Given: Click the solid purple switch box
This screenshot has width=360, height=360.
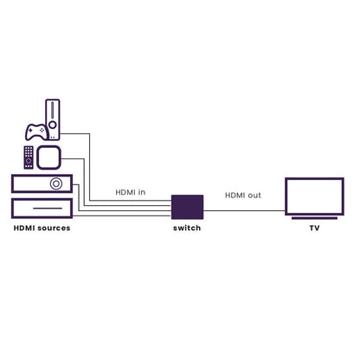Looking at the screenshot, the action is (x=187, y=207).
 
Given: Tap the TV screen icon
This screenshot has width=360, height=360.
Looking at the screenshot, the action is (x=314, y=196).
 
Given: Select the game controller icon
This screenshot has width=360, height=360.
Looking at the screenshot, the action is (x=36, y=132).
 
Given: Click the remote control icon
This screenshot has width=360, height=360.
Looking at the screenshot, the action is (x=29, y=157).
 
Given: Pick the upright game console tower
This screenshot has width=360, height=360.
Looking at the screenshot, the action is (x=53, y=119).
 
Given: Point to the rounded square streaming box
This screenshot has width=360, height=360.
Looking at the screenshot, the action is (x=48, y=157).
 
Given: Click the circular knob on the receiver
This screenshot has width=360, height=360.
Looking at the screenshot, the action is (x=56, y=183).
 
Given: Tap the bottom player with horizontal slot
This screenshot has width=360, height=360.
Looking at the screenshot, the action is (x=42, y=208).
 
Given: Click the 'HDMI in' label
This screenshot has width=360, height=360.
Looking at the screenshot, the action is (x=131, y=192).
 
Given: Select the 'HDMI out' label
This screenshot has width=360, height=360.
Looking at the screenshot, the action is (x=243, y=196).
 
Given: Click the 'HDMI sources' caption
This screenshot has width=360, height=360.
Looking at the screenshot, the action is (x=42, y=228).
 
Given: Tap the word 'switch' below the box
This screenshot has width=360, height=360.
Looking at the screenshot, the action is (x=187, y=228).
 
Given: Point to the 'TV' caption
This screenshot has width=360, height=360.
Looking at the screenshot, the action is (x=314, y=228).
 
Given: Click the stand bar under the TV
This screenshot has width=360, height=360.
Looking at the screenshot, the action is (x=314, y=218).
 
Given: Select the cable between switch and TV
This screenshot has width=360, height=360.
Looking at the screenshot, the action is (x=244, y=210).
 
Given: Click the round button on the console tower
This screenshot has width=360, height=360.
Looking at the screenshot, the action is (x=53, y=125).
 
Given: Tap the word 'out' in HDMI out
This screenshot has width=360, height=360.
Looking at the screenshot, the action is (x=254, y=196).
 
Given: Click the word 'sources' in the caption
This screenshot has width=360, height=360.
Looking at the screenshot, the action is (x=54, y=228).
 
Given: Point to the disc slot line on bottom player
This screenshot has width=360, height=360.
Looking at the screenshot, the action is (x=48, y=209).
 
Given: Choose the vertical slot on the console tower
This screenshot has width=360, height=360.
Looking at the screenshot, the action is (x=53, y=110).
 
